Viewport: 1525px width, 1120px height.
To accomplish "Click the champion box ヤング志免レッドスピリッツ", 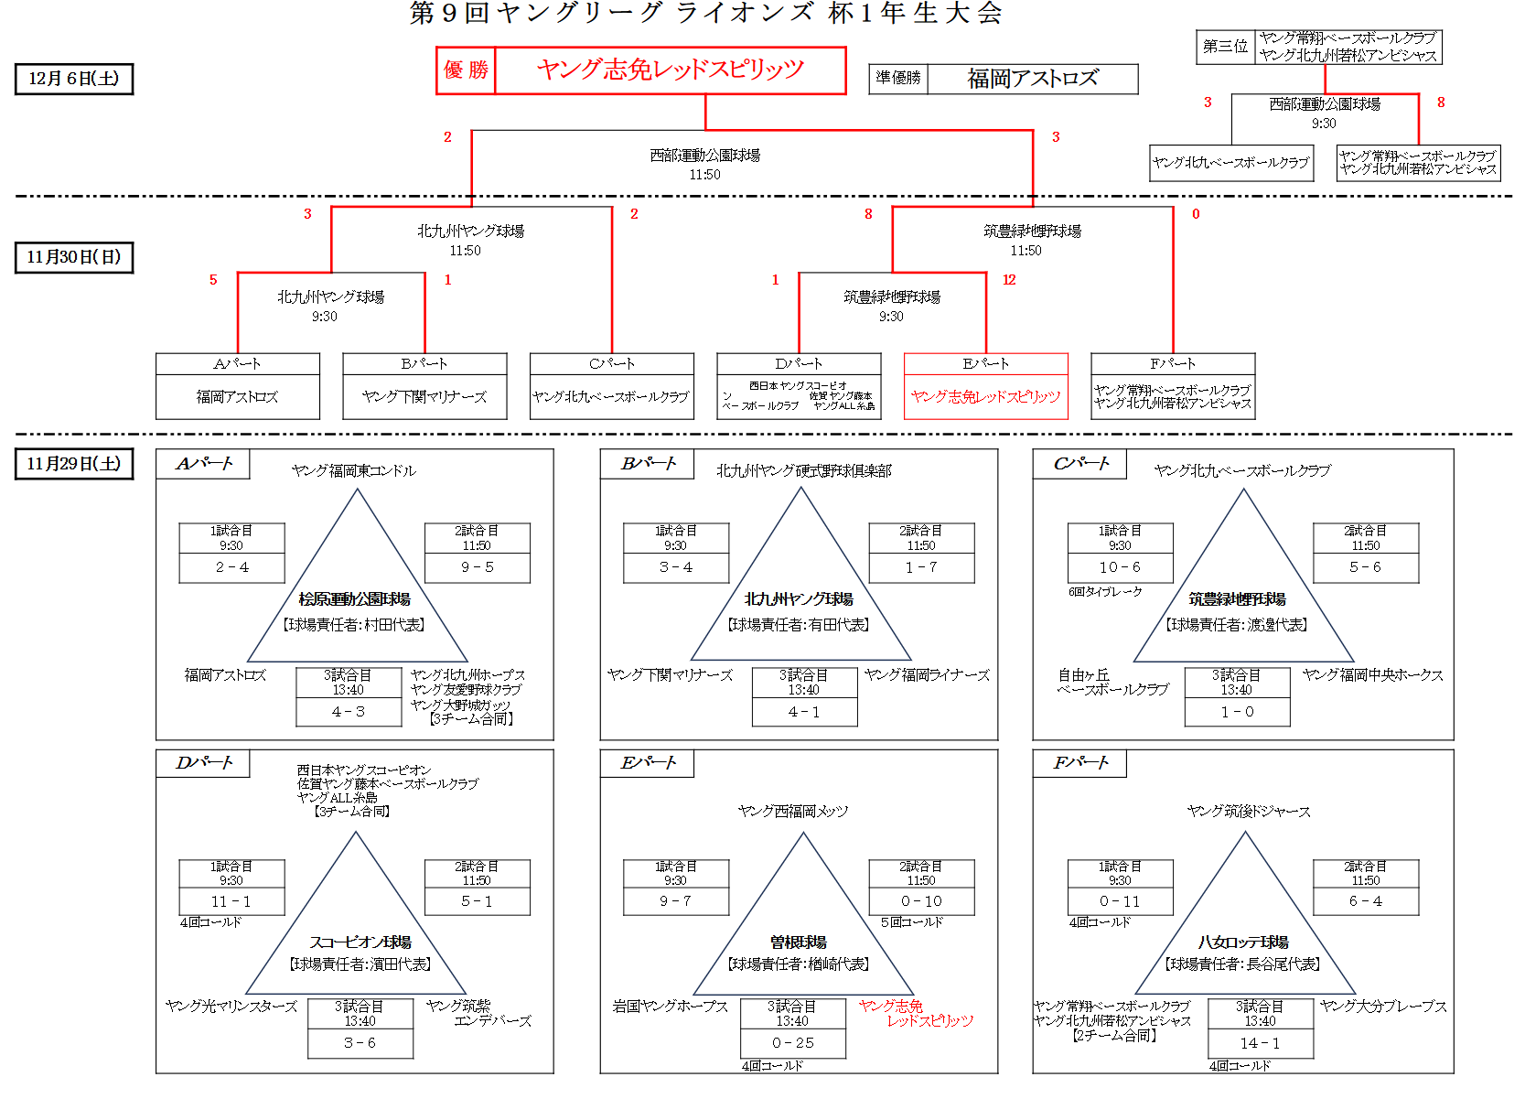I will [670, 70].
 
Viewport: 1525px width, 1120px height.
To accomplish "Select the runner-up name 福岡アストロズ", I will [1033, 79].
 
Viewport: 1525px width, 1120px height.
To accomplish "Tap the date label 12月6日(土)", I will [74, 79].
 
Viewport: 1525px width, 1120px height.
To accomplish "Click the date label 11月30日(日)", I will [74, 257].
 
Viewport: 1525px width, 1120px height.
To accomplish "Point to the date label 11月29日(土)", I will [74, 464].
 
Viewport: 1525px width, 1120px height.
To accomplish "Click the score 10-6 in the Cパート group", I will [1120, 567].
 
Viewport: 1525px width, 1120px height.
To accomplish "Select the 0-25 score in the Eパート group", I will [793, 1043].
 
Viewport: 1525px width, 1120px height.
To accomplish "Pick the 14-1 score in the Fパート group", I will [1260, 1043].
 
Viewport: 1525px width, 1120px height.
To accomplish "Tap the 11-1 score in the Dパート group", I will [231, 901].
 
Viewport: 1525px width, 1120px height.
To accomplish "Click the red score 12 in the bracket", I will [1009, 280].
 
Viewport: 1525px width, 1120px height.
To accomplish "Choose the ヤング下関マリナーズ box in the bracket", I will [424, 397].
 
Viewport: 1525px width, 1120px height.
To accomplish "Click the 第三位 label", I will [1225, 47].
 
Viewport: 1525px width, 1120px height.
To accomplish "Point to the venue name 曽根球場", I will [799, 942].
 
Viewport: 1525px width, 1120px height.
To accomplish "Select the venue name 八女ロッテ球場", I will [1243, 942].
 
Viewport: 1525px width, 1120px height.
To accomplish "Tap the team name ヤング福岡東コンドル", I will [353, 471].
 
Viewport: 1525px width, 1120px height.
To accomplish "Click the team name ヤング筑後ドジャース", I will [1249, 812].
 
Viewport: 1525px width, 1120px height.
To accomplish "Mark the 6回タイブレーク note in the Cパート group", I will [1105, 592].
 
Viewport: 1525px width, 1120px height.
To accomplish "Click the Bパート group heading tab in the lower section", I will [648, 464].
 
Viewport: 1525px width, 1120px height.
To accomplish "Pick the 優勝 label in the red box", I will [466, 70].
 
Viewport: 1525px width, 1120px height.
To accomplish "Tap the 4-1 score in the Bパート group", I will [804, 712].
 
